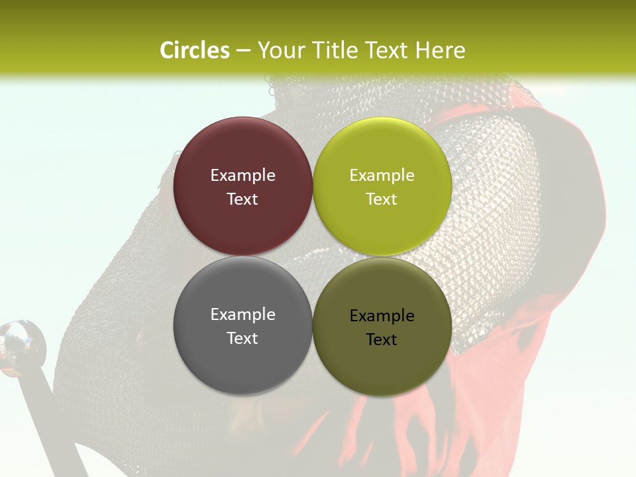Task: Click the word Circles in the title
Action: point(195,50)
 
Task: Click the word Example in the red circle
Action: point(242,175)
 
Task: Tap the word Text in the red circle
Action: point(242,199)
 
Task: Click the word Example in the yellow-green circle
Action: point(382,175)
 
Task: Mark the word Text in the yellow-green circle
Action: point(382,199)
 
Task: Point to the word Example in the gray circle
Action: point(242,314)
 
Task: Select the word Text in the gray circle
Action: point(242,338)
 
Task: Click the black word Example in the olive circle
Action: point(382,315)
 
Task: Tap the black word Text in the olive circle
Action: point(382,339)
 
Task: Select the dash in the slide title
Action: point(243,51)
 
